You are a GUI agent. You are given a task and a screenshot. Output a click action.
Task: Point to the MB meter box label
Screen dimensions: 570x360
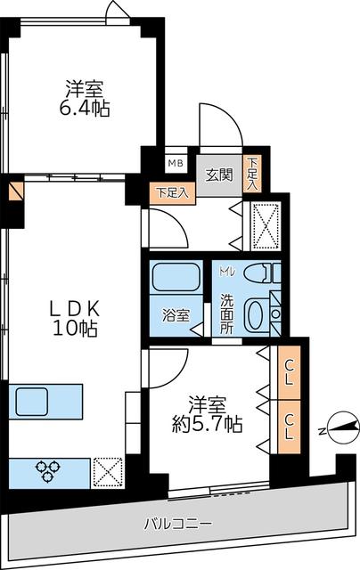tap(176, 162)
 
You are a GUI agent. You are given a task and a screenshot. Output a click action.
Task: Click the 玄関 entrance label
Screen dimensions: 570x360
tap(219, 175)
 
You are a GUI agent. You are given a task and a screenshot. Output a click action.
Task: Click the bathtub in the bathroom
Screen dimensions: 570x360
tap(175, 277)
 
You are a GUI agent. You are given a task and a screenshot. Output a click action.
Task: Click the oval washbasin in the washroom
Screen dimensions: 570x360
tap(256, 315)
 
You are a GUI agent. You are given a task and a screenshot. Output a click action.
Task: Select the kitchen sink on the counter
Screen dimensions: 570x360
tap(34, 401)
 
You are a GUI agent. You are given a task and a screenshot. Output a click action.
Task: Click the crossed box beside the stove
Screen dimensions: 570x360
tap(107, 472)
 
